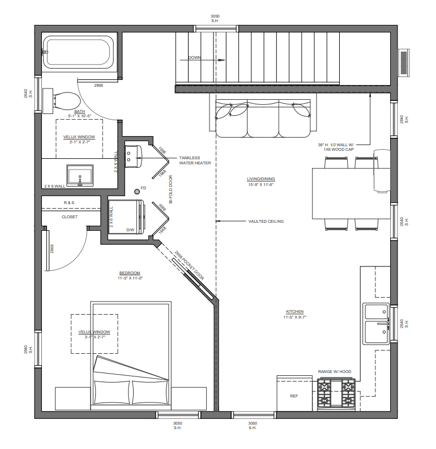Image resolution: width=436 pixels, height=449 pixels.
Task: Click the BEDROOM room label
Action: (130, 273)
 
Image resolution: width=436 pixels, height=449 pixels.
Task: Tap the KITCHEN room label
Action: (294, 311)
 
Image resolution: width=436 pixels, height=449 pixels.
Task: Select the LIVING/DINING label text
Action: (261, 179)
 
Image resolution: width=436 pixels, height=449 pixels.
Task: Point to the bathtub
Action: (78, 52)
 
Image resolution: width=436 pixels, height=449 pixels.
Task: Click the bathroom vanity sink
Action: (80, 175)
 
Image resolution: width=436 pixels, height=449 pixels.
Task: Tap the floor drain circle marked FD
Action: (137, 192)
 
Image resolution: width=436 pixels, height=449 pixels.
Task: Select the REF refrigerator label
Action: (294, 396)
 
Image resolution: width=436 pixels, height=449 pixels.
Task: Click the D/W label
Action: (130, 230)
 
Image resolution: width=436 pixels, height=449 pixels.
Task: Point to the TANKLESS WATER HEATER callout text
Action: (195, 160)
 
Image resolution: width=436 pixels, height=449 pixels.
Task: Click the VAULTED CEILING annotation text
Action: (266, 221)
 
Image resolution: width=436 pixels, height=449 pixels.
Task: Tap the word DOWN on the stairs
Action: (194, 58)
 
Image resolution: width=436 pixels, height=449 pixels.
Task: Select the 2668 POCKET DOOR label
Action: (189, 265)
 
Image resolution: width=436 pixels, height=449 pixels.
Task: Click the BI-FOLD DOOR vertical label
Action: (171, 189)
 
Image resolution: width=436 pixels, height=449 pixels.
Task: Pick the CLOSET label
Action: (70, 217)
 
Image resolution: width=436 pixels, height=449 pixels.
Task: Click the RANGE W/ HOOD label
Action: (335, 371)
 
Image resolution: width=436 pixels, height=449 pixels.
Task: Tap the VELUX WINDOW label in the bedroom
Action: (94, 332)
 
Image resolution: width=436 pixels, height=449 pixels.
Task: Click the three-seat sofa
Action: (263, 118)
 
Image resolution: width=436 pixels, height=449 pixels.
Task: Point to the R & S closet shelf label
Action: (69, 202)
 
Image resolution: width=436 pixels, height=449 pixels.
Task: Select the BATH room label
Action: (79, 111)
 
